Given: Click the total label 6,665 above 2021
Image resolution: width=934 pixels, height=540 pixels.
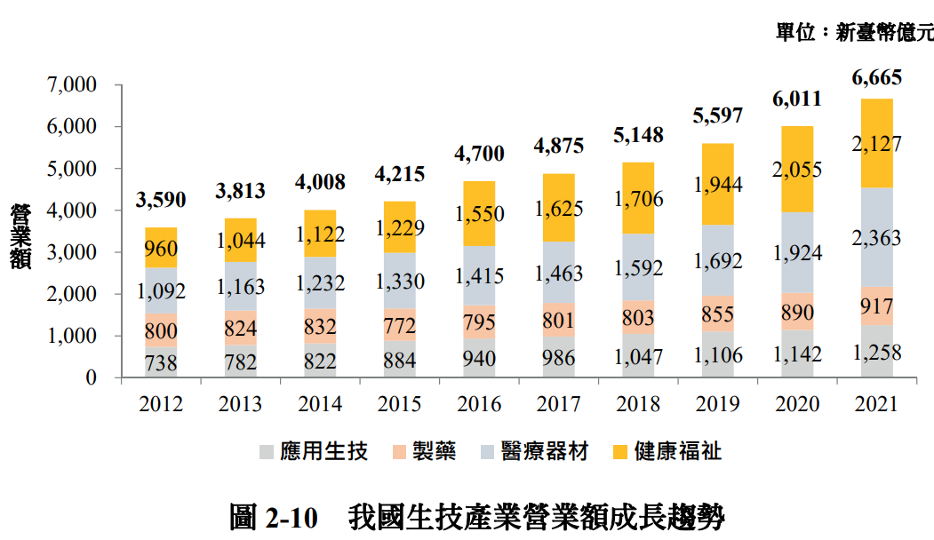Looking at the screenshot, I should click(876, 77).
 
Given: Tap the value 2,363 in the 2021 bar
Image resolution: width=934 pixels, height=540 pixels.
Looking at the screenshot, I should click(876, 237).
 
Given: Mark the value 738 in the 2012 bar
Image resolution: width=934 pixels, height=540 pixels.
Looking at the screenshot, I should click(160, 362).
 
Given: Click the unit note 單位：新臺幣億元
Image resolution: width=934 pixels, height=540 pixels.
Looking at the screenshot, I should click(854, 33).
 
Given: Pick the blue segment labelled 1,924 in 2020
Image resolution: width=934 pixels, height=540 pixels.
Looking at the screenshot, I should click(797, 252).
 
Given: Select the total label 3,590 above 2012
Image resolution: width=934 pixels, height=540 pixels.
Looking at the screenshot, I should click(160, 200).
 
